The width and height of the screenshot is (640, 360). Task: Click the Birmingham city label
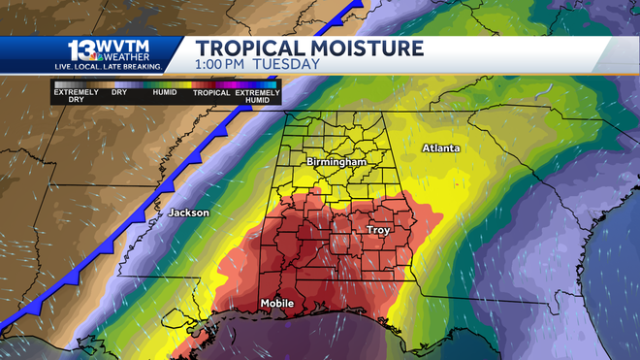coord(336,161)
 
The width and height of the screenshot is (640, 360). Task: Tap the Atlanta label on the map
coord(440,148)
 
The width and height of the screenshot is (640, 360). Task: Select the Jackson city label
coord(188,213)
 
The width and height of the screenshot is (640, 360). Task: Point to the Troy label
coord(377,230)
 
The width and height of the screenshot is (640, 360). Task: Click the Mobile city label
coord(276,305)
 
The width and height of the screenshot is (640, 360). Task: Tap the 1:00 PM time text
coord(221,65)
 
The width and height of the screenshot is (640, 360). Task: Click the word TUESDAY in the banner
coord(286,65)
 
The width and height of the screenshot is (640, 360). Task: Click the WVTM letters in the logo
coord(131,46)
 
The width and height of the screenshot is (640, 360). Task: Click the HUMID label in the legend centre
coord(165,93)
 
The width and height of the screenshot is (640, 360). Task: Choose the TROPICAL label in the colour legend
coord(210,93)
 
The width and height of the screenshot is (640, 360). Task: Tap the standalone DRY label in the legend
coord(119,93)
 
